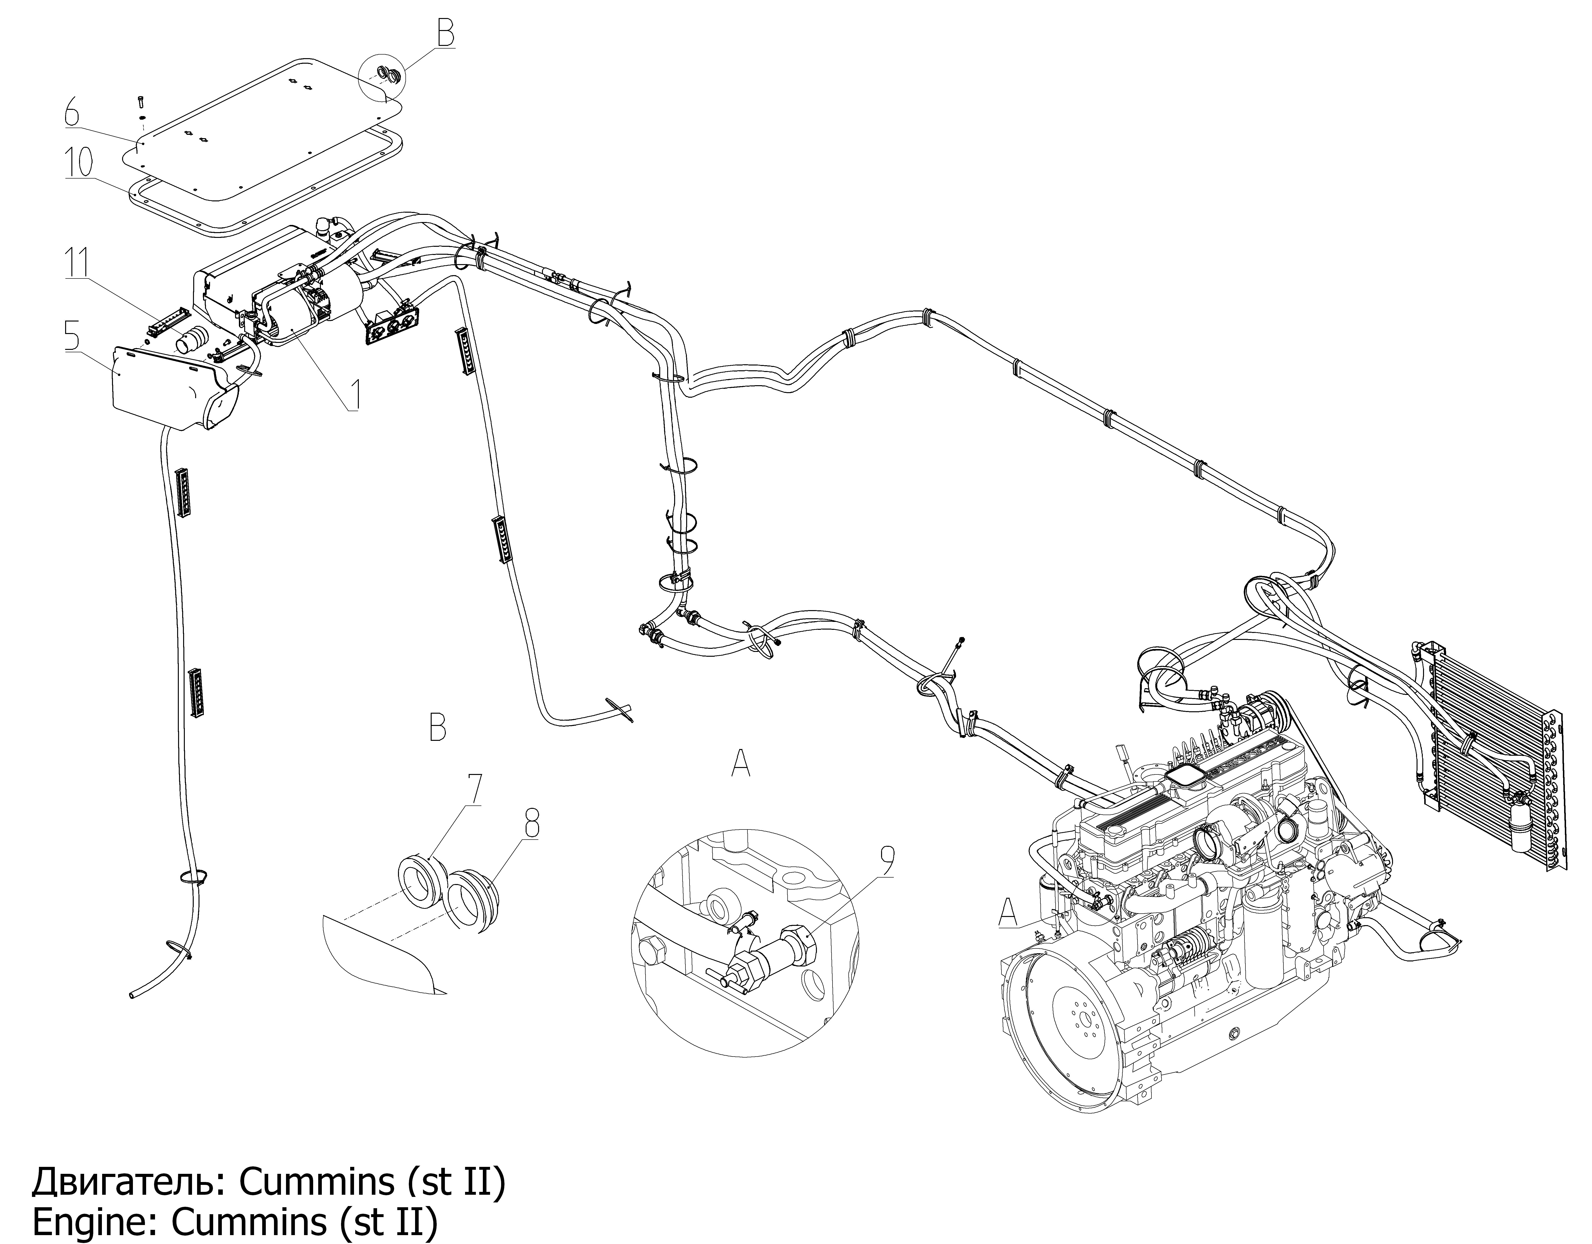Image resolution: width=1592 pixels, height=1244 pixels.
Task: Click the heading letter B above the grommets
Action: (x=437, y=727)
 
